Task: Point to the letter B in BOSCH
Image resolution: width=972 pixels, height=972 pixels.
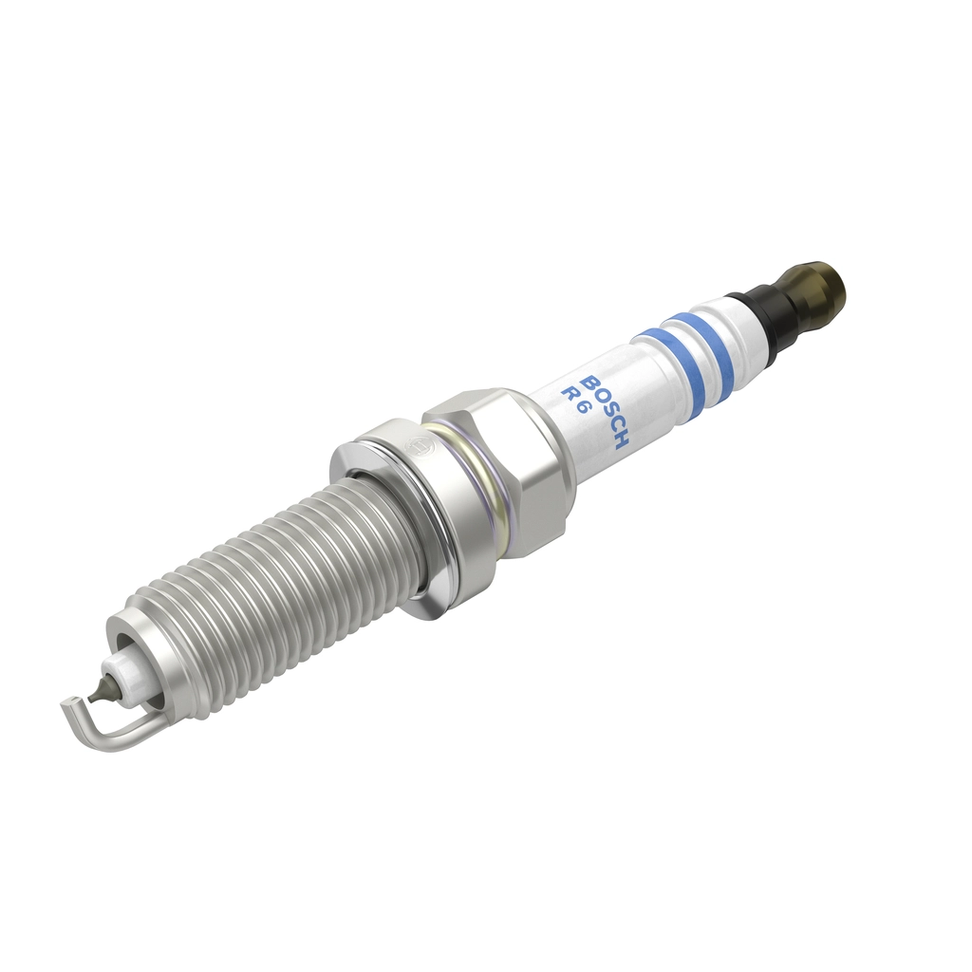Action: [589, 383]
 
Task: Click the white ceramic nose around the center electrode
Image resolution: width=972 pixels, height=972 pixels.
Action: [124, 669]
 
